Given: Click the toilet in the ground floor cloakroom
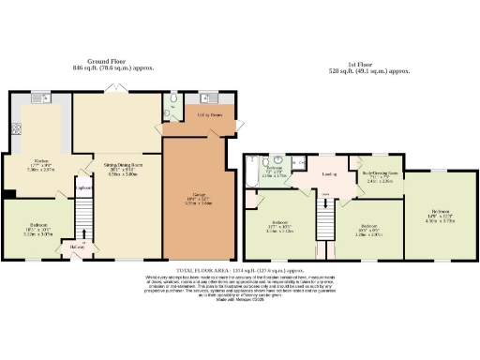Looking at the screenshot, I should (174, 97).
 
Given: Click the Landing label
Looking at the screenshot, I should (328, 174).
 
